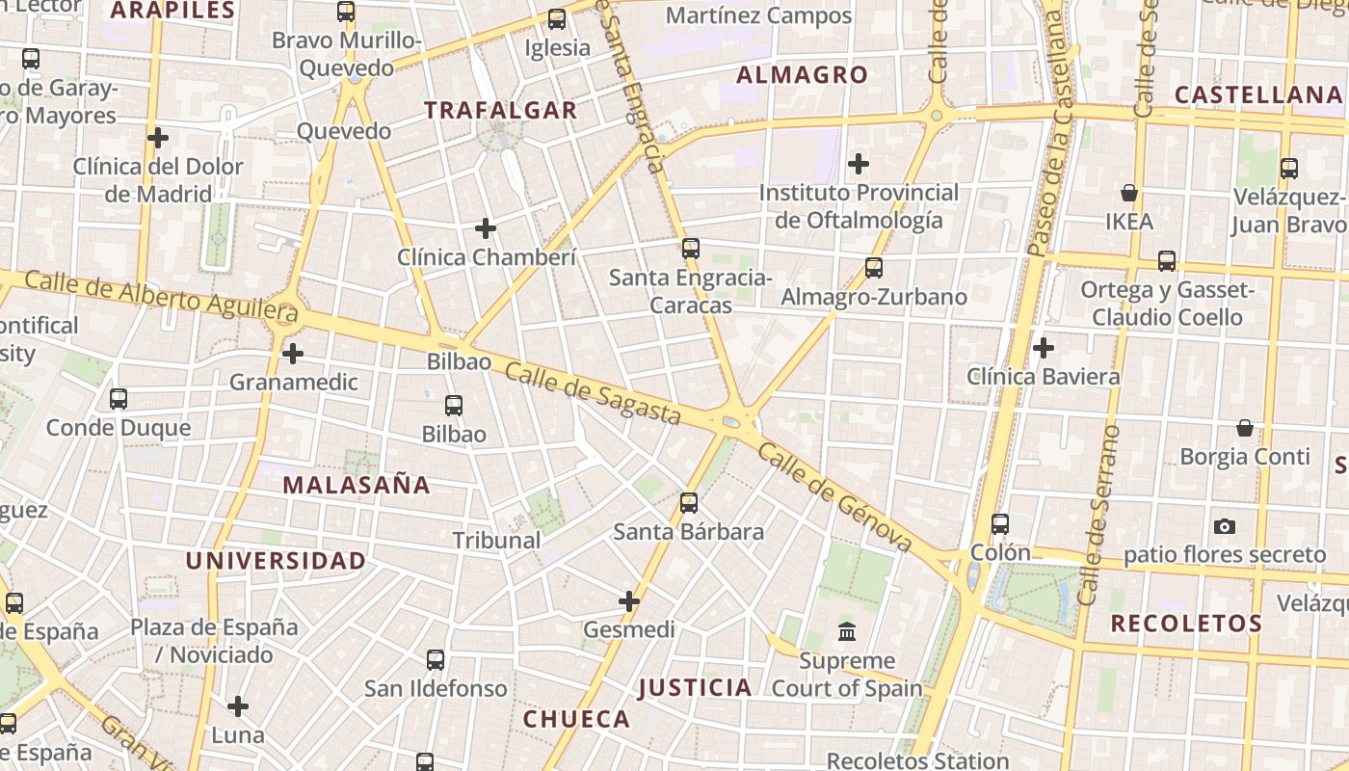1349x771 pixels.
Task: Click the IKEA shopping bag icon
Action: tap(1129, 194)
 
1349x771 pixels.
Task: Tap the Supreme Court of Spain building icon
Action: tap(847, 632)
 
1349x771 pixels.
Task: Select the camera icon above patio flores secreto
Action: tap(1225, 526)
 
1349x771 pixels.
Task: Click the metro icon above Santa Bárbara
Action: tap(688, 502)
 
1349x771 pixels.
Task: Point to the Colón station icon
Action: tap(1000, 524)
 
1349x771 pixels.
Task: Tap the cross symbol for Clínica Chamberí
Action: tap(486, 228)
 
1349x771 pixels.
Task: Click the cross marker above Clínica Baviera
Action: tap(1043, 348)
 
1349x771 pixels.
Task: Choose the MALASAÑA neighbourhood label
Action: tap(357, 485)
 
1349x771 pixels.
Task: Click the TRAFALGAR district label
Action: tap(501, 111)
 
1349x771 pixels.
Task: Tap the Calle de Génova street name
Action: tap(834, 498)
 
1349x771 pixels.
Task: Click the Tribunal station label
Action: tap(496, 541)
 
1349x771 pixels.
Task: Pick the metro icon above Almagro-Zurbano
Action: tap(874, 268)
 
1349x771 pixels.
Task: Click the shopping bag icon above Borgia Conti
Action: tap(1245, 427)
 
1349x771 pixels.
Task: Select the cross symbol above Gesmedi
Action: tap(629, 602)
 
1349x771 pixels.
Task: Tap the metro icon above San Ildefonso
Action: tap(436, 660)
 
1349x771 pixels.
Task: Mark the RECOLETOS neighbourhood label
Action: tap(1186, 624)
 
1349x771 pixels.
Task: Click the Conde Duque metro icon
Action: tap(119, 398)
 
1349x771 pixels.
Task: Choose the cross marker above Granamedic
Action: tap(293, 354)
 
